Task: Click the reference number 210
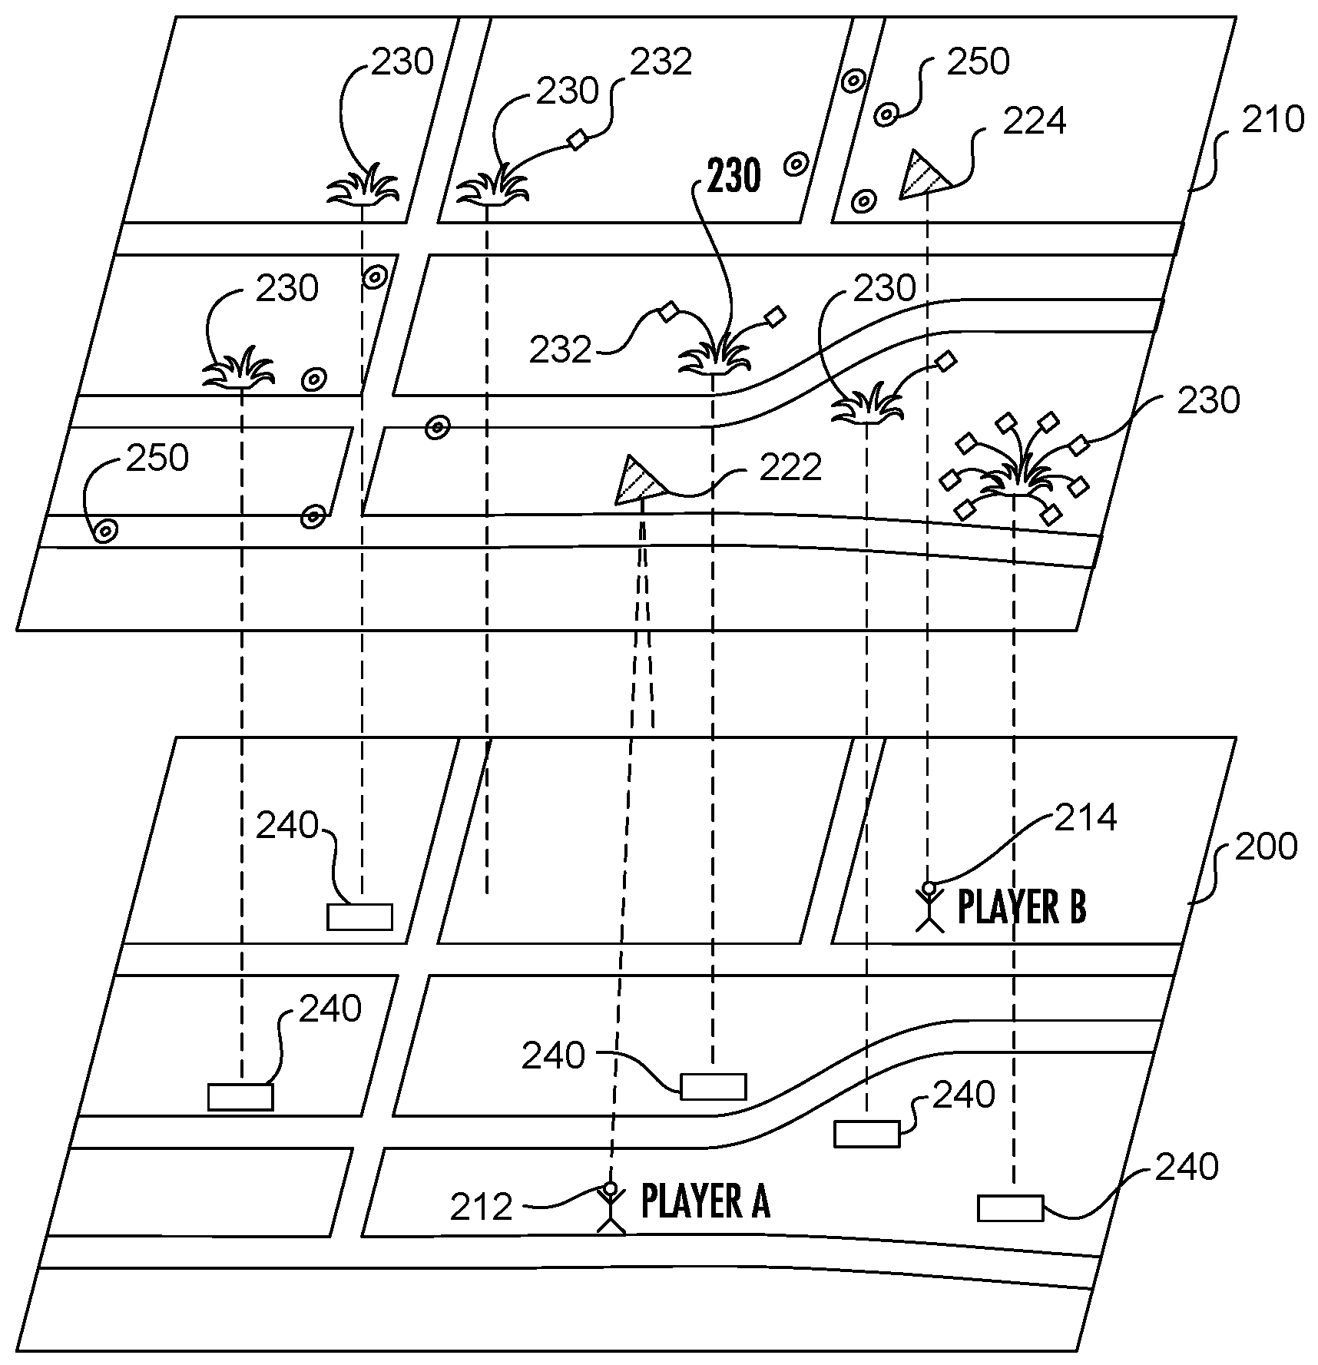(x=1273, y=120)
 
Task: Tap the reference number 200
(x=1266, y=846)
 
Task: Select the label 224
(x=1034, y=121)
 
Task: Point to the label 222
(x=790, y=467)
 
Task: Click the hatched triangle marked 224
(x=923, y=176)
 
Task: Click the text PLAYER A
(x=705, y=1202)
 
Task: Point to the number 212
(x=481, y=1208)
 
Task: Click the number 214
(x=1085, y=818)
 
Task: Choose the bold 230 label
(x=734, y=176)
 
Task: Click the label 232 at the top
(x=661, y=62)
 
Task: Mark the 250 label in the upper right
(x=978, y=62)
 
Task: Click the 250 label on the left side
(x=157, y=459)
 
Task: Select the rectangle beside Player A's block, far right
(x=1010, y=1208)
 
